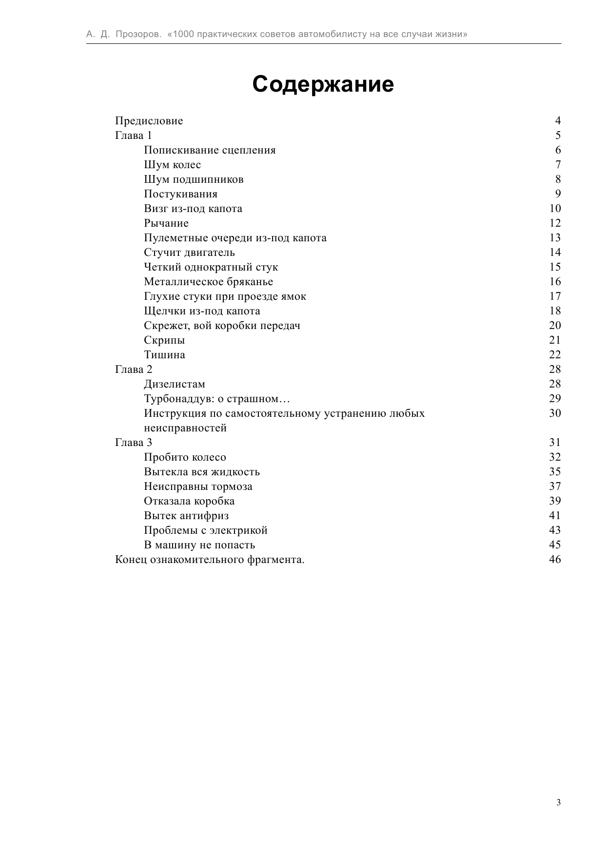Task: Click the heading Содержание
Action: [x=323, y=84]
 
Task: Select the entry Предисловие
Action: [x=149, y=121]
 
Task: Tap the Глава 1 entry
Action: [x=133, y=136]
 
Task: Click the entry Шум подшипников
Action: [x=194, y=179]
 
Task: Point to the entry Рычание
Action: [x=166, y=223]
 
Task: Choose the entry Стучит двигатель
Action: [x=189, y=253]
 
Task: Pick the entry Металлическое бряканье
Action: [x=208, y=282]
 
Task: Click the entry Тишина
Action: [x=164, y=355]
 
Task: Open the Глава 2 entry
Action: [x=133, y=369]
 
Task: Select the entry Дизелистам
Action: [x=175, y=384]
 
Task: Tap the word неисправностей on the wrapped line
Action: [x=185, y=428]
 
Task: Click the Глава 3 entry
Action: [x=133, y=443]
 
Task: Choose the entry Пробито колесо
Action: [x=185, y=457]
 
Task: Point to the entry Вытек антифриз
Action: [x=186, y=516]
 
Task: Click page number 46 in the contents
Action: [x=555, y=560]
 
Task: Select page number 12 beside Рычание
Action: [x=555, y=223]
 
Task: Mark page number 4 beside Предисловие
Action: [x=558, y=121]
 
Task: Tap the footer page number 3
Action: [x=558, y=803]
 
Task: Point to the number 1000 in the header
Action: [x=183, y=35]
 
